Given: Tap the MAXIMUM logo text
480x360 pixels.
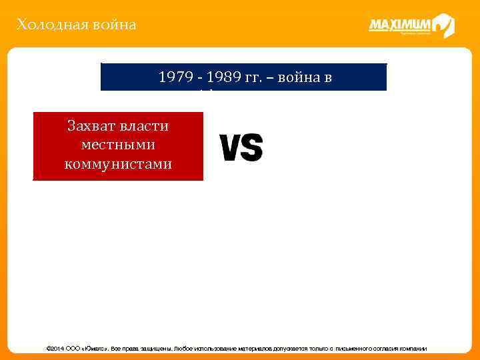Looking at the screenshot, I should click(x=400, y=25).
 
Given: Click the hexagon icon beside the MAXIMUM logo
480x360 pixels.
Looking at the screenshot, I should click(x=443, y=26).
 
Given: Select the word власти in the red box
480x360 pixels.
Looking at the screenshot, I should click(x=145, y=126).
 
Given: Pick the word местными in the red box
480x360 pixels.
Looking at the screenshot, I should click(x=117, y=145).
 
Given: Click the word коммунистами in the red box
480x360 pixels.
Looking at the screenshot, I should click(x=118, y=163).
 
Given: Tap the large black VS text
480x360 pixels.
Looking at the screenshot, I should click(x=241, y=148).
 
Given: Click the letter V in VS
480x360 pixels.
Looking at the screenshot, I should click(x=230, y=148).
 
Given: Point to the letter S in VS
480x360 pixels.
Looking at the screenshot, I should click(x=252, y=148).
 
